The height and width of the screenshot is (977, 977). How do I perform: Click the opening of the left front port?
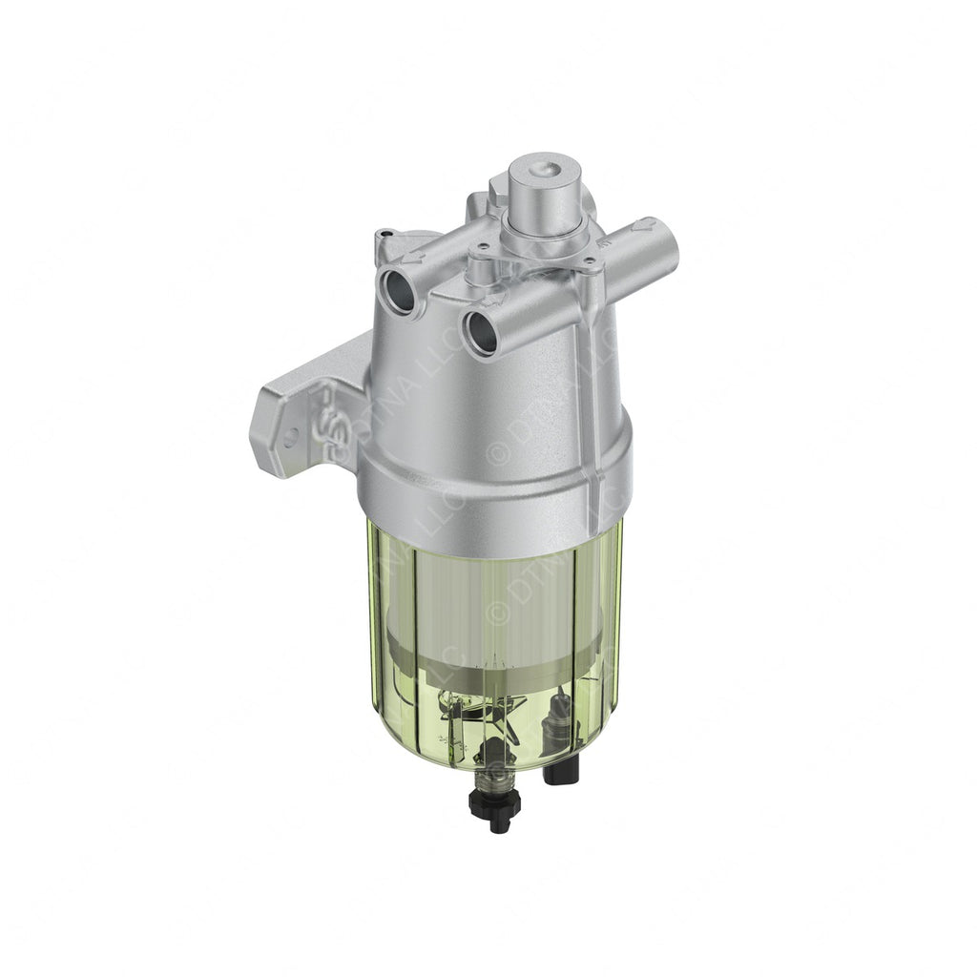(x=398, y=287)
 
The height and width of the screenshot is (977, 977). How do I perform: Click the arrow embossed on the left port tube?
(x=411, y=257)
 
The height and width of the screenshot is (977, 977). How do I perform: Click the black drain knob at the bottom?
(x=499, y=812)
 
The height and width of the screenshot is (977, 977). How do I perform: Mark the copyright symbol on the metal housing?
(x=497, y=451)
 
